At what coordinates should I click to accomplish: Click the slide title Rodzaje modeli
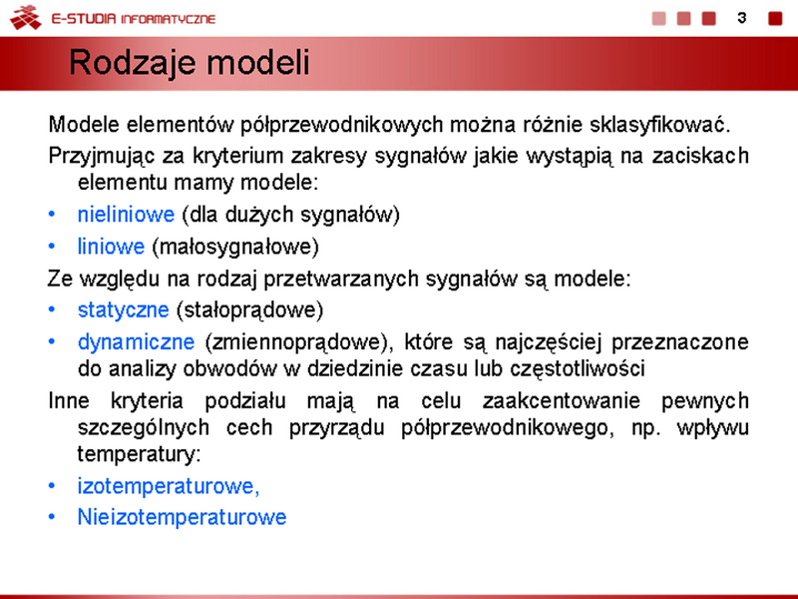189,63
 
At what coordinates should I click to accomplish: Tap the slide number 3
741,18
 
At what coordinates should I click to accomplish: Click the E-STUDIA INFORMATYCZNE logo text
134,19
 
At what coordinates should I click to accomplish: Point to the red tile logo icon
26,17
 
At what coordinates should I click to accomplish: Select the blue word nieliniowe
126,215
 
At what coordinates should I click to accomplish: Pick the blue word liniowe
111,247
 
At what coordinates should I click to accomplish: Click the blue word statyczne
123,310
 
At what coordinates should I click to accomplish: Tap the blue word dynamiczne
136,341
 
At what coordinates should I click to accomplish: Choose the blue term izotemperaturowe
169,486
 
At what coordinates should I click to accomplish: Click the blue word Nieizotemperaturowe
182,517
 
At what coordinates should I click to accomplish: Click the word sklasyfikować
660,125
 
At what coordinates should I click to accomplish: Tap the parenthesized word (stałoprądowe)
249,310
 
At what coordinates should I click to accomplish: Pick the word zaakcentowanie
561,401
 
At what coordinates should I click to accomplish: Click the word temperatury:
139,454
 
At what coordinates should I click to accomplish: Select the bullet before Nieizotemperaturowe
52,517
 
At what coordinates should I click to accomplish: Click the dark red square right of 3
775,18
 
